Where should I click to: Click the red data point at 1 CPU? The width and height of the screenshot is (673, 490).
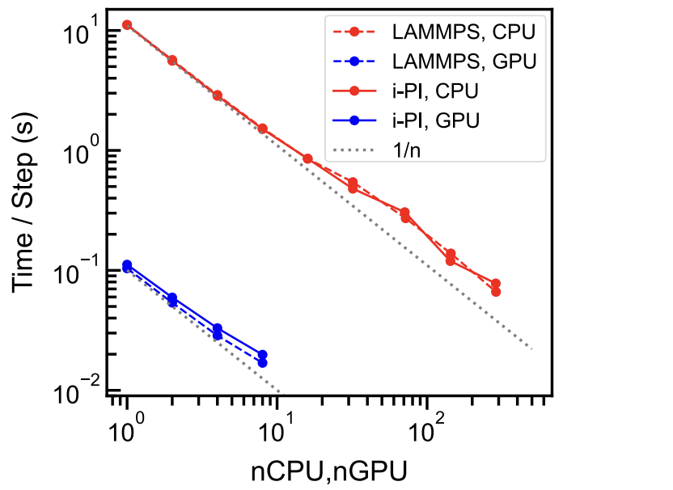click(127, 25)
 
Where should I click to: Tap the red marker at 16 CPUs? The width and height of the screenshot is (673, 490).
click(307, 158)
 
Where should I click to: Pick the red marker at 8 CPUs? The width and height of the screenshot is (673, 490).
click(262, 129)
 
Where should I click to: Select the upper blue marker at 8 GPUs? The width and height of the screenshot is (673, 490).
click(262, 354)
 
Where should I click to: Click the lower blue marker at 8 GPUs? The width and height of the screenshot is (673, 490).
click(262, 363)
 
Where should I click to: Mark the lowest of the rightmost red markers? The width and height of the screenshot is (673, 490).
click(496, 291)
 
